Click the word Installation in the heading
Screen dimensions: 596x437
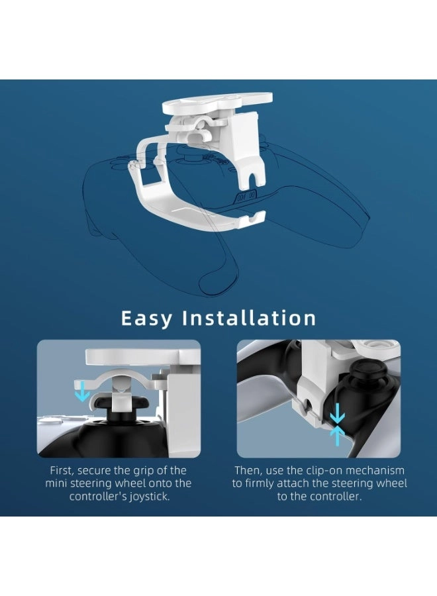(x=249, y=318)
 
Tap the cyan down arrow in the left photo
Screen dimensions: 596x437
(x=82, y=393)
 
